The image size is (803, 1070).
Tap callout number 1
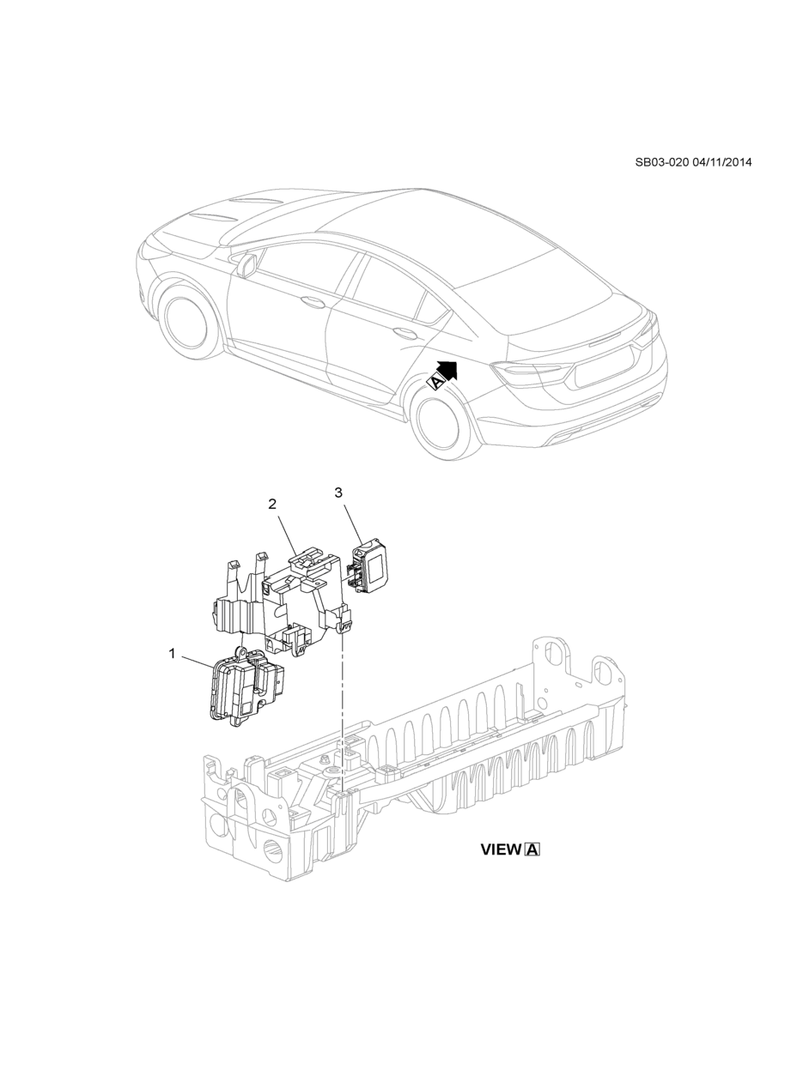coord(172,654)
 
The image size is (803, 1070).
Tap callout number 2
coord(272,505)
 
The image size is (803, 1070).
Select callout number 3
coord(338,493)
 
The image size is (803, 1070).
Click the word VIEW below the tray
coord(501,849)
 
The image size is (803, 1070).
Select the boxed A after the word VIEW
coord(532,849)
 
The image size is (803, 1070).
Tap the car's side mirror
coord(246,266)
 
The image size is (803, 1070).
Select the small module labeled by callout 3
coord(370,563)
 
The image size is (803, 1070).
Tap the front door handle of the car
coord(311,300)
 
